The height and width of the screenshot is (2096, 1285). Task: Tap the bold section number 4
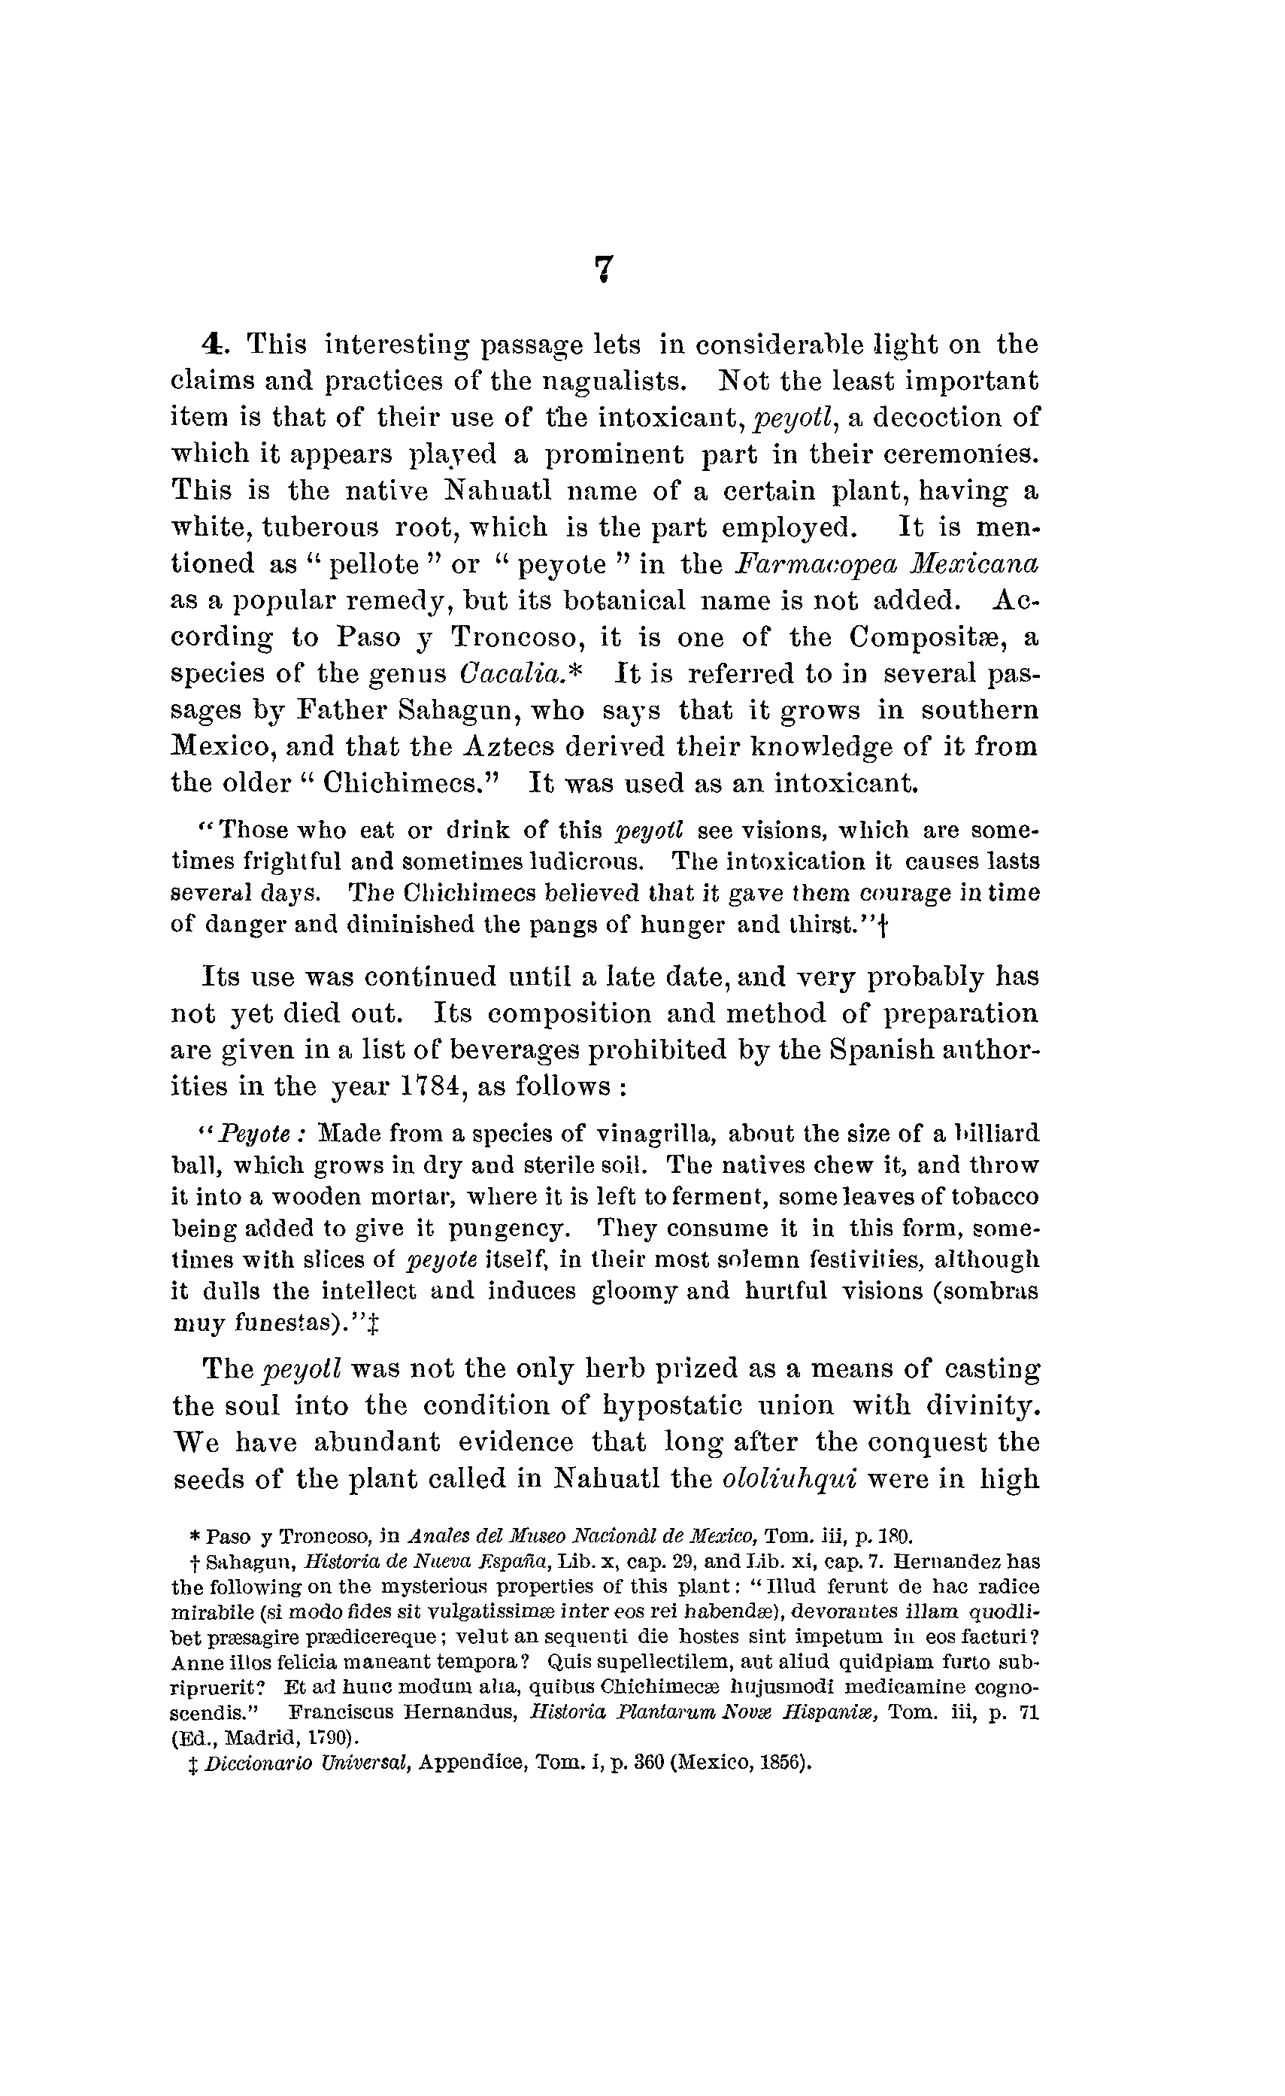tap(213, 345)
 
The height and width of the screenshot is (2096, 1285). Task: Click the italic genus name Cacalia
tap(513, 674)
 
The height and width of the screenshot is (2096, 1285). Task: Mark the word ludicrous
tap(585, 861)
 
